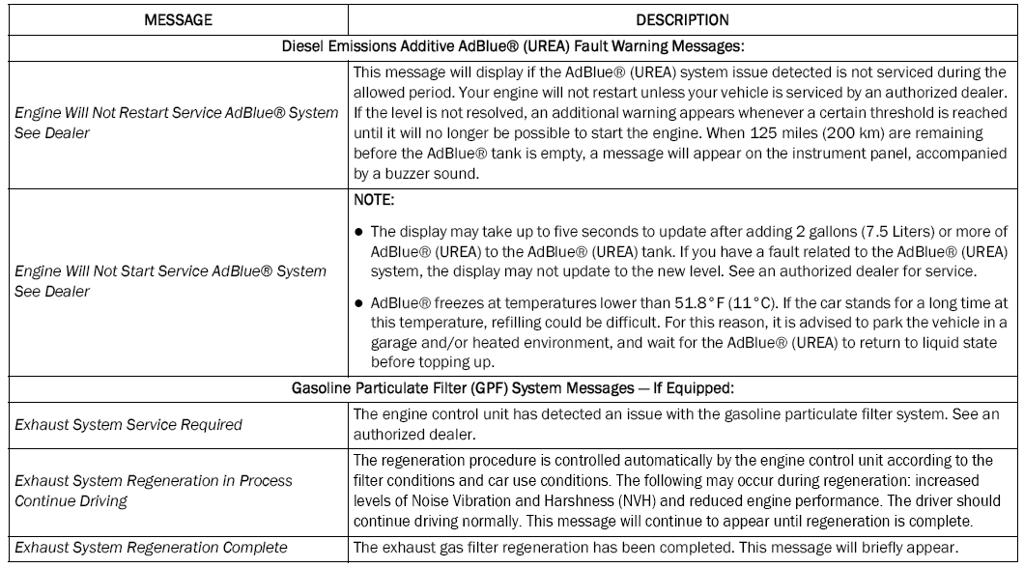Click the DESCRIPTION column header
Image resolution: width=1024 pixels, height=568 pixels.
[x=683, y=18]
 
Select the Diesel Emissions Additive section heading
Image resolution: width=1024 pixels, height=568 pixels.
[x=511, y=45]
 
